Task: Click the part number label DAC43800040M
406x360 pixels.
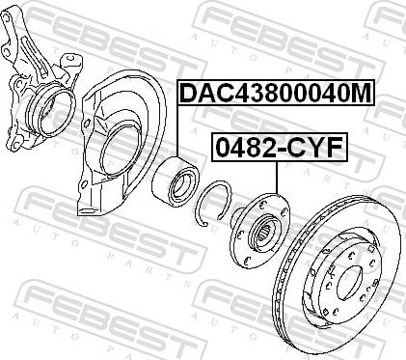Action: click(x=276, y=93)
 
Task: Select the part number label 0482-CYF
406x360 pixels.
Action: click(x=280, y=147)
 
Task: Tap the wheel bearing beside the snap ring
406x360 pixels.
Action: click(x=176, y=180)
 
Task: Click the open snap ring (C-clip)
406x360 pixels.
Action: click(x=212, y=203)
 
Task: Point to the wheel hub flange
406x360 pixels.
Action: click(x=259, y=231)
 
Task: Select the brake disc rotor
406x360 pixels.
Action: click(x=338, y=277)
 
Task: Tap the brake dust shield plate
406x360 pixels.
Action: click(x=122, y=144)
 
